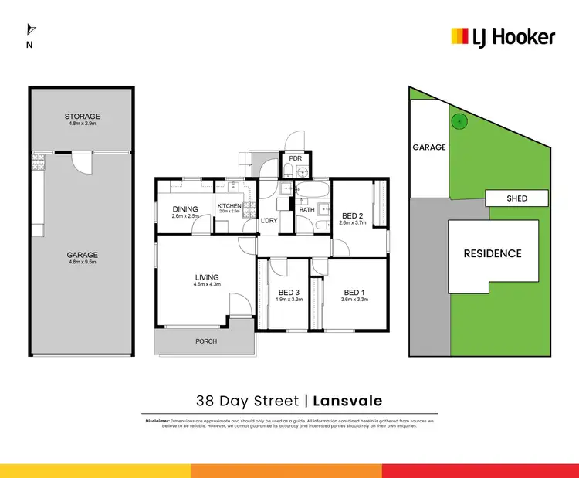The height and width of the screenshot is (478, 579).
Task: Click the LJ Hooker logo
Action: pyautogui.click(x=503, y=36)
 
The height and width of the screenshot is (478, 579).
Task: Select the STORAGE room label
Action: pyautogui.click(x=82, y=117)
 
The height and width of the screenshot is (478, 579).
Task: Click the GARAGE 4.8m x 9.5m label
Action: pyautogui.click(x=82, y=256)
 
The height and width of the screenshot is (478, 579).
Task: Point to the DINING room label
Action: pyautogui.click(x=185, y=208)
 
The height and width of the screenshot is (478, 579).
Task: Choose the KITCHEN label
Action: pyautogui.click(x=229, y=205)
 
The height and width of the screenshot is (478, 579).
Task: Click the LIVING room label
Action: pyautogui.click(x=207, y=277)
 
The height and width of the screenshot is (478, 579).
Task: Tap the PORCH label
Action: pyautogui.click(x=205, y=341)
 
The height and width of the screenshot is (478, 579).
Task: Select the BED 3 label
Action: pyautogui.click(x=289, y=292)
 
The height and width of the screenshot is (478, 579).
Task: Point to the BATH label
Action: pyautogui.click(x=306, y=209)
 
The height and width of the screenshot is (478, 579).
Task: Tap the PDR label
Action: pyautogui.click(x=294, y=159)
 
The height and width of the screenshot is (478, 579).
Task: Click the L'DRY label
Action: pyautogui.click(x=269, y=221)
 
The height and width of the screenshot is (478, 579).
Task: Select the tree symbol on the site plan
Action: pyautogui.click(x=459, y=120)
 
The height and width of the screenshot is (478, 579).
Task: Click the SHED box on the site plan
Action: pyautogui.click(x=517, y=198)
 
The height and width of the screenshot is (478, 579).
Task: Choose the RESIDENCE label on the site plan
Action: pyautogui.click(x=492, y=253)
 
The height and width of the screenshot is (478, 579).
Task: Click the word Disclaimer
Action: pyautogui.click(x=157, y=420)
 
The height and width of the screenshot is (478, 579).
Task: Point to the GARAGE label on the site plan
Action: pyautogui.click(x=429, y=147)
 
